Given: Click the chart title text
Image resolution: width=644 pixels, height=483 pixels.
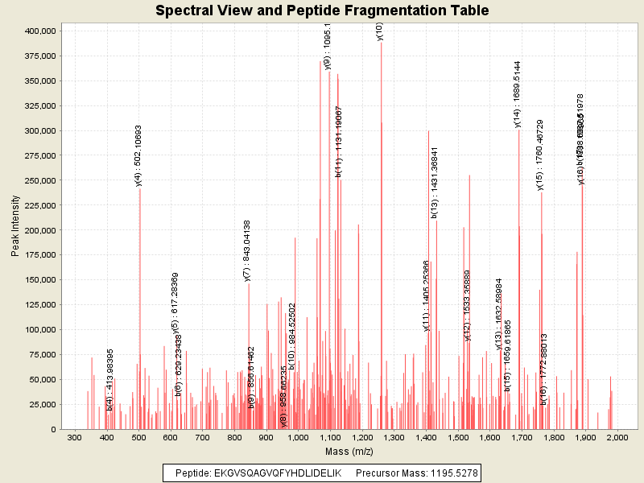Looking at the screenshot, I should pyautogui.click(x=322, y=11).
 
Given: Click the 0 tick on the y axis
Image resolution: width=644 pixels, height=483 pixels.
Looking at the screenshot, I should pyautogui.click(x=53, y=429).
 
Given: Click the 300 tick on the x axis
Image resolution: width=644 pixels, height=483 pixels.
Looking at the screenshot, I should pyautogui.click(x=75, y=438).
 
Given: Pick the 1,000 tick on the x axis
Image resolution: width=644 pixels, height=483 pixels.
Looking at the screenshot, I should pyautogui.click(x=298, y=438).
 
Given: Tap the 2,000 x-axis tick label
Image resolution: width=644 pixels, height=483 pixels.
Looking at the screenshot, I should pyautogui.click(x=617, y=438).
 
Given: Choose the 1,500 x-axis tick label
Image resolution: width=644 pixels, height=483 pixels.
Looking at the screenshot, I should pyautogui.click(x=457, y=438).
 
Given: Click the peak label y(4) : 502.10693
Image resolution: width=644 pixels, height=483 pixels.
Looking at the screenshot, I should pyautogui.click(x=138, y=155).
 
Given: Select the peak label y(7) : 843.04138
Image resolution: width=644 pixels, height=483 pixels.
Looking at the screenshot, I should pyautogui.click(x=247, y=250).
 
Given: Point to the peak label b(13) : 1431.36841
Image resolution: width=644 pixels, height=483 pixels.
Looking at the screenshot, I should pyautogui.click(x=435, y=182).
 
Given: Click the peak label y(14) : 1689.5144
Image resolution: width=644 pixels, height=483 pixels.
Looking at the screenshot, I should pyautogui.click(x=518, y=93).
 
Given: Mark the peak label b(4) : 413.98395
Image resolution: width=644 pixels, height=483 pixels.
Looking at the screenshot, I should pyautogui.click(x=109, y=380).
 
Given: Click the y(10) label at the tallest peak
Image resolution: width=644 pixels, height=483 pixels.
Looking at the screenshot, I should pyautogui.click(x=379, y=31).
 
